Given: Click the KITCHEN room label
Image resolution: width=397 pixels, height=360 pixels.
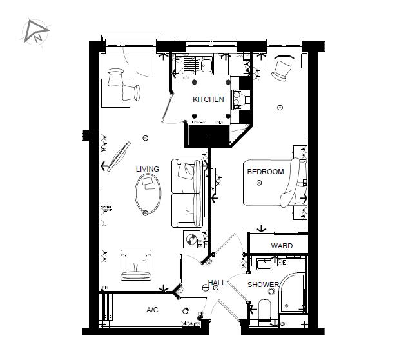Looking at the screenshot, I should [208, 99].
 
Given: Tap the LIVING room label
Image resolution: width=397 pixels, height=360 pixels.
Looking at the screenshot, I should [147, 169].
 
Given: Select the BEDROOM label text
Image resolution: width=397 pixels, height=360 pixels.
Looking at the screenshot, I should [266, 172].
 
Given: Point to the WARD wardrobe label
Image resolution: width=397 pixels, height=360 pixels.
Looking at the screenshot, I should [282, 246].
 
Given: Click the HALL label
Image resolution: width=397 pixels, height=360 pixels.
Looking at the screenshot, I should [216, 283].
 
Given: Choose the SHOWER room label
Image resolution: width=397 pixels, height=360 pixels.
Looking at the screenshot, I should [264, 285].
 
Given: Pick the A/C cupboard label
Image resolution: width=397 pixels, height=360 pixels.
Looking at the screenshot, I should [152, 310].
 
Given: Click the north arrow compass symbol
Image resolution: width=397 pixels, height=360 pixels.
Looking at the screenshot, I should [35, 30].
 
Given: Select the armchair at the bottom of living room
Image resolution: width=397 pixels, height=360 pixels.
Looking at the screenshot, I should [136, 264].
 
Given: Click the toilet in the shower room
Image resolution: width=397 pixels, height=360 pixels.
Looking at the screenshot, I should [264, 312].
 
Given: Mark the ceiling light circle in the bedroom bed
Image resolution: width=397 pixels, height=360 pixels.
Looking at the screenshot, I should [259, 183].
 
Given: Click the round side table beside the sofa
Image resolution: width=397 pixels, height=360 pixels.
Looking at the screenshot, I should [191, 239].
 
